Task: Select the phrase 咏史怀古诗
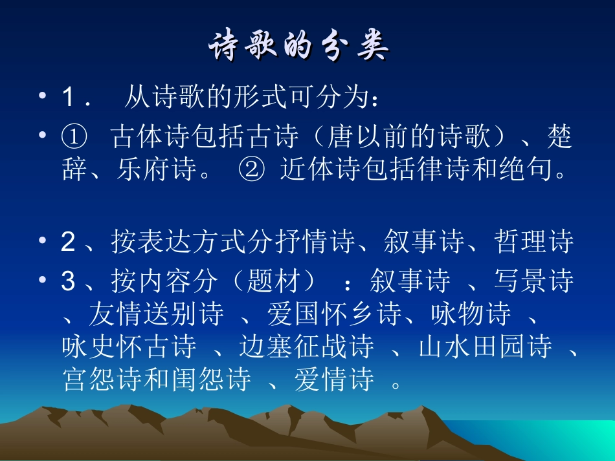click(129, 347)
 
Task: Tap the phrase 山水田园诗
click(486, 347)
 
